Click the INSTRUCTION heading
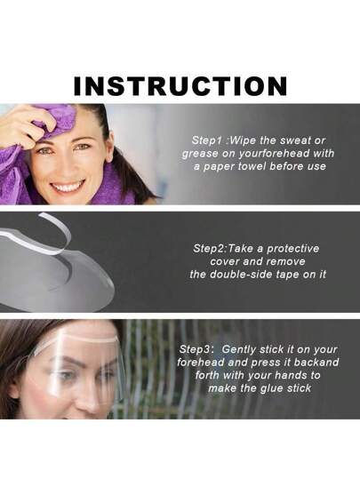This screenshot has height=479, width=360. (180, 86)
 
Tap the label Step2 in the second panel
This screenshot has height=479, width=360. (208, 248)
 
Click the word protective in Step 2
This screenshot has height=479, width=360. (293, 249)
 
